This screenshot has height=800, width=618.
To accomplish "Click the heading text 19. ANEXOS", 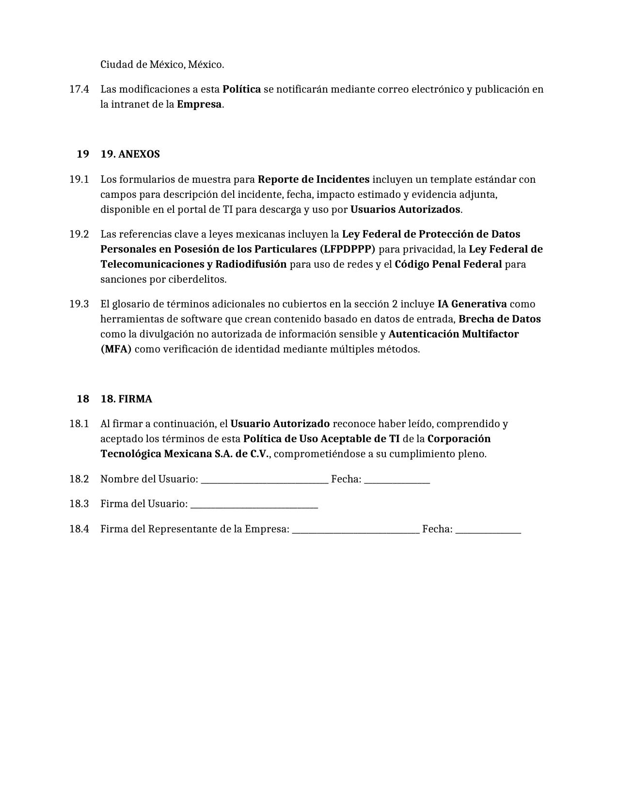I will pos(130,154).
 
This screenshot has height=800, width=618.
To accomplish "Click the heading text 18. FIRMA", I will pos(126,399).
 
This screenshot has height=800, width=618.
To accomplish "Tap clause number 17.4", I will pos(79,89).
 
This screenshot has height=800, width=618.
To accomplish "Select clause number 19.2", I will pos(79,234).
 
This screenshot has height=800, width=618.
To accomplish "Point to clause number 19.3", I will pos(79,304).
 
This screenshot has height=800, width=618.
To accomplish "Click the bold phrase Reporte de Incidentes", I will pos(313,179).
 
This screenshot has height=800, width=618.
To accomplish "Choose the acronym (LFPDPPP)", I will pos(347,249).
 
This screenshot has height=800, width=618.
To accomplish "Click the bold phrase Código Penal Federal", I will pos(448,264).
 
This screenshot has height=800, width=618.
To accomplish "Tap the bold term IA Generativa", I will pos(472,304).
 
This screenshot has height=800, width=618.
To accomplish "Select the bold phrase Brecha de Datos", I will pos(499,319).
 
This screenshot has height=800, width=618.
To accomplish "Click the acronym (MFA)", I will pos(116,349).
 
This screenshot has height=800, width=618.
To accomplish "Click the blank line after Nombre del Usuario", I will pos(265,480).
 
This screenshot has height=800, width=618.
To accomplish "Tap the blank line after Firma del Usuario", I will pos(254,505).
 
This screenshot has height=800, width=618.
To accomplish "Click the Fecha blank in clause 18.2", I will pos(397,480).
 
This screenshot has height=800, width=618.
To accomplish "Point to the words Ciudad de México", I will pos(142,64).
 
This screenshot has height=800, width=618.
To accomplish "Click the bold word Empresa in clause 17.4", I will pos(199,104).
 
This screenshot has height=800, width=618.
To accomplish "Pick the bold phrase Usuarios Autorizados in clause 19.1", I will pos(405,209).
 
